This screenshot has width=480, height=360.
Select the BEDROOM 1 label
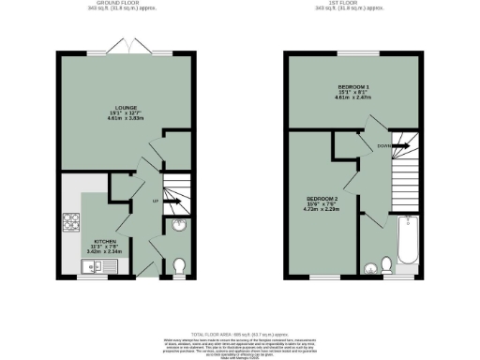[353, 86]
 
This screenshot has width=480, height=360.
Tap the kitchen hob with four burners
[71, 223]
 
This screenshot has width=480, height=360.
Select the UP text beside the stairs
[155, 201]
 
